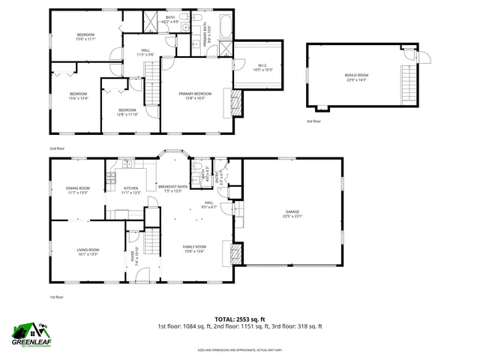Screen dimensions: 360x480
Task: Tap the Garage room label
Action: (291, 214)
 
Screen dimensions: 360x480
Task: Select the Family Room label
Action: (195, 249)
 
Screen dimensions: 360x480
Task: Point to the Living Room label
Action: (88, 252)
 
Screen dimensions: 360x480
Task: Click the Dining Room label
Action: (78, 190)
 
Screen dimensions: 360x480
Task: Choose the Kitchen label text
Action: (131, 190)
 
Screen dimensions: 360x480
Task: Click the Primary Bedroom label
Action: (194, 95)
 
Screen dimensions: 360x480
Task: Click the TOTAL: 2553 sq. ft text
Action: (239, 318)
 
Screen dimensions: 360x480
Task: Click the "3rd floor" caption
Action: (313, 121)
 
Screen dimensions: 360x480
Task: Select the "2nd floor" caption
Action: (57, 148)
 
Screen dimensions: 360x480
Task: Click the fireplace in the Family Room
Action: (236, 255)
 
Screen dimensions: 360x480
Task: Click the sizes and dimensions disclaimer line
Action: (239, 350)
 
